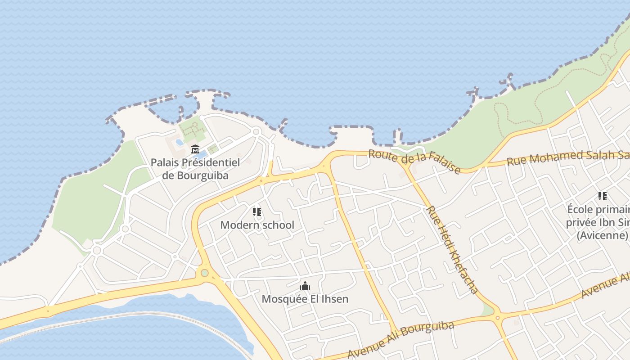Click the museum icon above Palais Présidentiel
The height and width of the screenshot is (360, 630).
point(195,149)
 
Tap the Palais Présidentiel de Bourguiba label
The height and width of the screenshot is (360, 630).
point(195,169)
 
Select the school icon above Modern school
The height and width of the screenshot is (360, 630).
point(257,211)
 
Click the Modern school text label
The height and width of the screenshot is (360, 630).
point(257,225)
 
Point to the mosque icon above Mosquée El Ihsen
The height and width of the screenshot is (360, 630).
point(305,286)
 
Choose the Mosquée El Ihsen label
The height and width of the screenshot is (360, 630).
point(305,299)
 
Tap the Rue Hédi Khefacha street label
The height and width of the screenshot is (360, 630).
point(452,250)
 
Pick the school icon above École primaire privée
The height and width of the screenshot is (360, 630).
point(603,196)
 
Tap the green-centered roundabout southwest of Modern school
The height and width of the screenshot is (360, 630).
point(205,273)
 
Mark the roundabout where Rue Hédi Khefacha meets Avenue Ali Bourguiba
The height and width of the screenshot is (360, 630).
point(497,318)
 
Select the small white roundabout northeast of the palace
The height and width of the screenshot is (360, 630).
point(256,132)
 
